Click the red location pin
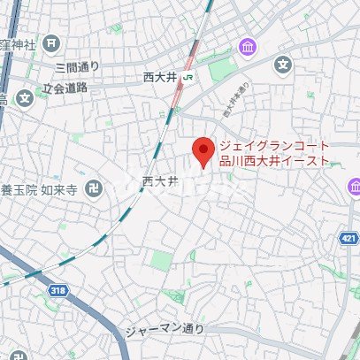(204, 150)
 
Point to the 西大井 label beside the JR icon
(160, 78)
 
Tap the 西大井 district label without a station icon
(160, 180)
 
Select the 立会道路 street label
(65, 88)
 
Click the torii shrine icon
(54, 42)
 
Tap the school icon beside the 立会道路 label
(24, 96)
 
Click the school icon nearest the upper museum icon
(282, 64)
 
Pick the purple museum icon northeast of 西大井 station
(245, 46)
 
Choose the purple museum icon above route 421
(353, 187)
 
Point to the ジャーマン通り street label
(165, 329)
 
